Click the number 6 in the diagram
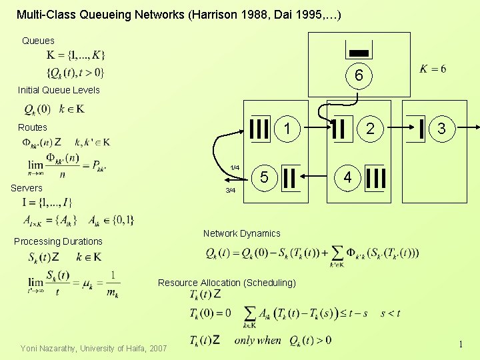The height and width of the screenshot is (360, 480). click(359, 77)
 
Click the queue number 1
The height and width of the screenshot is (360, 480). click(287, 127)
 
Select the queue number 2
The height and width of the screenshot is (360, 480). click(370, 127)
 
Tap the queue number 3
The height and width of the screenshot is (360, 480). click(441, 127)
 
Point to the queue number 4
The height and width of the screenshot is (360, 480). click(347, 177)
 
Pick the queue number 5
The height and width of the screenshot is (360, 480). click(264, 177)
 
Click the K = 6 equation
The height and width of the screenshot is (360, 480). click(433, 69)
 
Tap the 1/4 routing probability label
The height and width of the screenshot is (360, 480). click(235, 167)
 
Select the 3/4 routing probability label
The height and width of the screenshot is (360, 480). click(231, 191)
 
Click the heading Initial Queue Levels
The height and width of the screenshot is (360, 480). click(59, 90)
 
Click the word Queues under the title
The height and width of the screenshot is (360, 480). click(38, 41)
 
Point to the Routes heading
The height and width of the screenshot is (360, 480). click(33, 127)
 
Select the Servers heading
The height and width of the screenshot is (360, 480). click(27, 188)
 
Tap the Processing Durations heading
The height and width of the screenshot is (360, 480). click(58, 241)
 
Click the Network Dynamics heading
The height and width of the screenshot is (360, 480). click(241, 233)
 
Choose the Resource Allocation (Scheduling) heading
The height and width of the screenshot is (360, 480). click(227, 283)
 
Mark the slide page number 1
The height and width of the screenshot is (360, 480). click(460, 344)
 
